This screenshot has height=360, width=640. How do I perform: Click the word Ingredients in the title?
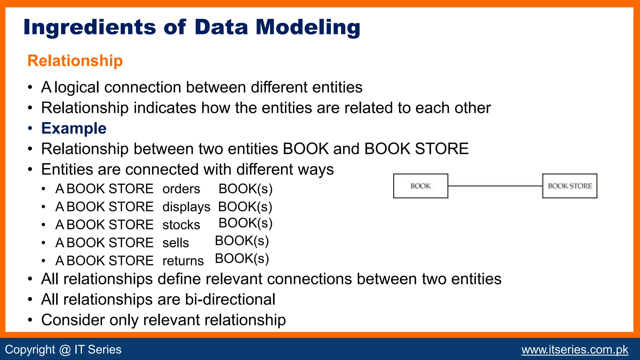(89, 27)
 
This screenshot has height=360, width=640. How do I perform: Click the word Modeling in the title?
(308, 27)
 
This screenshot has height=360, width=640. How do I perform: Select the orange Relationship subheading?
(75, 61)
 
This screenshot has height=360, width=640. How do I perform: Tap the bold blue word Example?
(74, 128)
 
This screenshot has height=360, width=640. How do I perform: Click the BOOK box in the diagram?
(420, 186)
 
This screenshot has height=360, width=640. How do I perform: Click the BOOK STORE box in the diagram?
(569, 186)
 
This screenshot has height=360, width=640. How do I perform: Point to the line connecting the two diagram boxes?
(495, 186)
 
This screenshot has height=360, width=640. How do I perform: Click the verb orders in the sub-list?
(181, 189)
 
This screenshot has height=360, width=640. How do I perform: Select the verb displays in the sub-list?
(186, 207)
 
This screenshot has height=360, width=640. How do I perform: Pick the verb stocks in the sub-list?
(181, 225)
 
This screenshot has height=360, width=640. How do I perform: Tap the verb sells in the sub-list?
(176, 243)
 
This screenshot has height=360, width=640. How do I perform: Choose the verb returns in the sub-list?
(183, 261)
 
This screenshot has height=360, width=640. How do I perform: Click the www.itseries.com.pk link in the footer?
(575, 349)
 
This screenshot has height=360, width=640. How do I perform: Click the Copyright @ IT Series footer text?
(63, 349)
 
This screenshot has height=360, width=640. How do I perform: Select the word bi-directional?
(230, 299)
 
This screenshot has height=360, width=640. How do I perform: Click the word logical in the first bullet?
(77, 87)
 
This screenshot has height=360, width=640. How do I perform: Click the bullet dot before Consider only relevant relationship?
(30, 320)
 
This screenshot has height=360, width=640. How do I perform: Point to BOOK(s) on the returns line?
(242, 259)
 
